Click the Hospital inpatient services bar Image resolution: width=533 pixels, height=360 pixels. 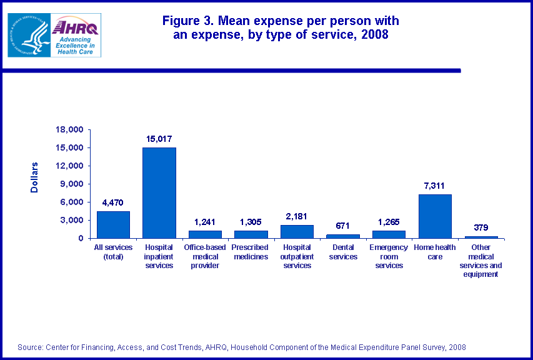159,192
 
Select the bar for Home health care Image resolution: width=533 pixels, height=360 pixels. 435,216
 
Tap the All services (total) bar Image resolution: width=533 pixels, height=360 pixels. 113,224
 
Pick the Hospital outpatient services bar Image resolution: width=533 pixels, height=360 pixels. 297,231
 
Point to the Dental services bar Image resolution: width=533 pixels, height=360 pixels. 343,236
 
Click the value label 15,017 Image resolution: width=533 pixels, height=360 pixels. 159,139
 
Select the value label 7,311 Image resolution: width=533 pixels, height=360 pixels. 435,186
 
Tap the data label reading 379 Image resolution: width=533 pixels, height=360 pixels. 481,227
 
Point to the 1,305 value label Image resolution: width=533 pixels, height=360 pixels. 251,222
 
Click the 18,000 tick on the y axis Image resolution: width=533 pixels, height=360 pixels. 70,130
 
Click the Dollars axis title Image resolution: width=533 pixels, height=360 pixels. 35,177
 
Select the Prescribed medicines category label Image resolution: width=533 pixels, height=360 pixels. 251,252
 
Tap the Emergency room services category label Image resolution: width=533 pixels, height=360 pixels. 389,256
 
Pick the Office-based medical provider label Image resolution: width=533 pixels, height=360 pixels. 205,256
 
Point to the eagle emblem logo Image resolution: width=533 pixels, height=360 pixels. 27,36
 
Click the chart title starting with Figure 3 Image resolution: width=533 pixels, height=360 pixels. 280,27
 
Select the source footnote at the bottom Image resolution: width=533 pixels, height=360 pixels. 242,347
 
